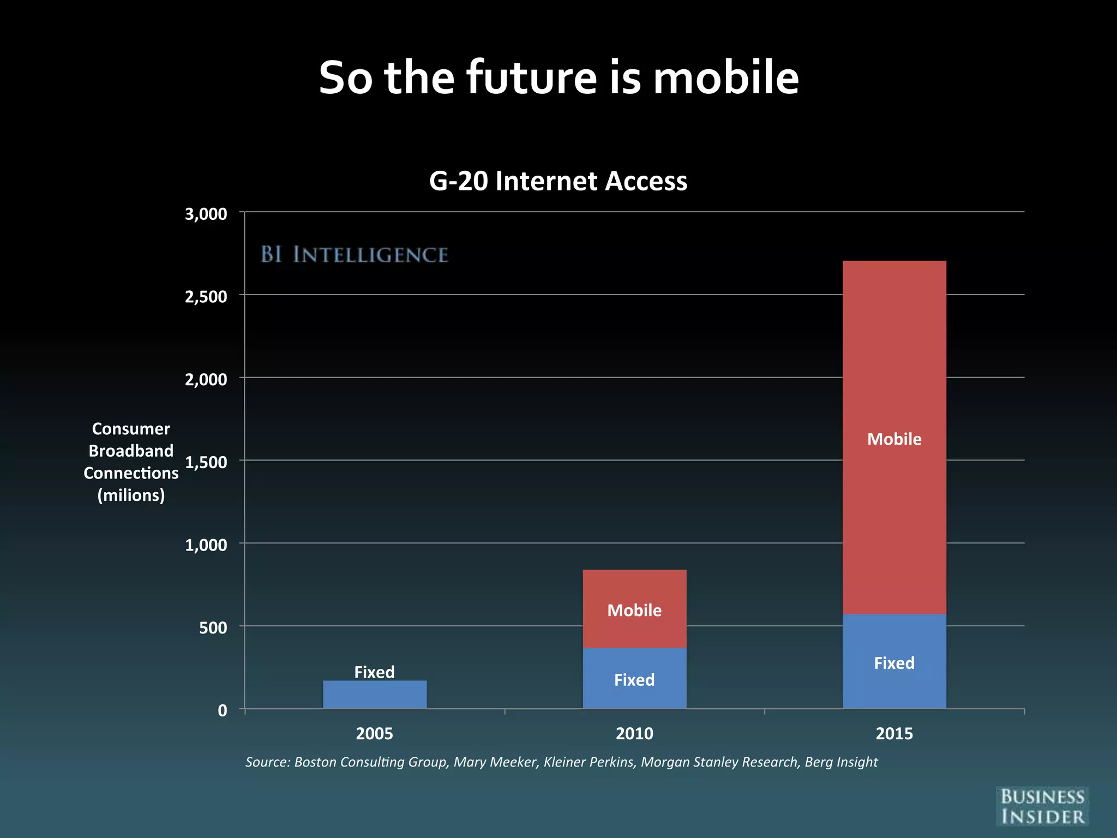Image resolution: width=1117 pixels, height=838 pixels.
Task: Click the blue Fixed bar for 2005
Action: coord(375,695)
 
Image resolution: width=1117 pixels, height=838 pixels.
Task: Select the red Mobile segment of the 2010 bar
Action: coord(634,609)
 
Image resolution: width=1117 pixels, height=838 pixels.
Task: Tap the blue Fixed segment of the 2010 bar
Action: coord(634,679)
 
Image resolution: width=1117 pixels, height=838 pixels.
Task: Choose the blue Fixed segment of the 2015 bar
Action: coord(894,662)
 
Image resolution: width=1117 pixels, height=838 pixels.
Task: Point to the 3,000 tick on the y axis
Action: coord(206,214)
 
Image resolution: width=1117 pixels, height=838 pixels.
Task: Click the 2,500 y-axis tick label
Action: coord(206,297)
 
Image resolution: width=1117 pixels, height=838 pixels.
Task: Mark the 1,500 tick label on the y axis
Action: coord(206,463)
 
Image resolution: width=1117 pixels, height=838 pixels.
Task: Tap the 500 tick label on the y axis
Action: coord(213,628)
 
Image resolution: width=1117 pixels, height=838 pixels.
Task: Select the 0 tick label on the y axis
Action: coord(223,710)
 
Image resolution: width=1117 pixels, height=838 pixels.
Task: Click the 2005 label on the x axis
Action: coord(374,733)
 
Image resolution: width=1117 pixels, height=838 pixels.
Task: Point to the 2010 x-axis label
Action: coord(634,733)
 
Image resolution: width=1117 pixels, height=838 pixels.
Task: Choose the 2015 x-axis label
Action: coord(894,733)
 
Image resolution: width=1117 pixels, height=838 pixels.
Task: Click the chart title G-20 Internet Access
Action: coord(558,181)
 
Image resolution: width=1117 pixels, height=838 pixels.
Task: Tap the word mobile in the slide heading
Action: coord(726,77)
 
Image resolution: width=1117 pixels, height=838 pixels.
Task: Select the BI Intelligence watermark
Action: coord(355,255)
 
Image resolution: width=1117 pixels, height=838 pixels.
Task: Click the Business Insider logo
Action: coord(1042,806)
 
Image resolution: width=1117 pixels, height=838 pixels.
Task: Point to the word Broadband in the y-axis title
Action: coord(131,451)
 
